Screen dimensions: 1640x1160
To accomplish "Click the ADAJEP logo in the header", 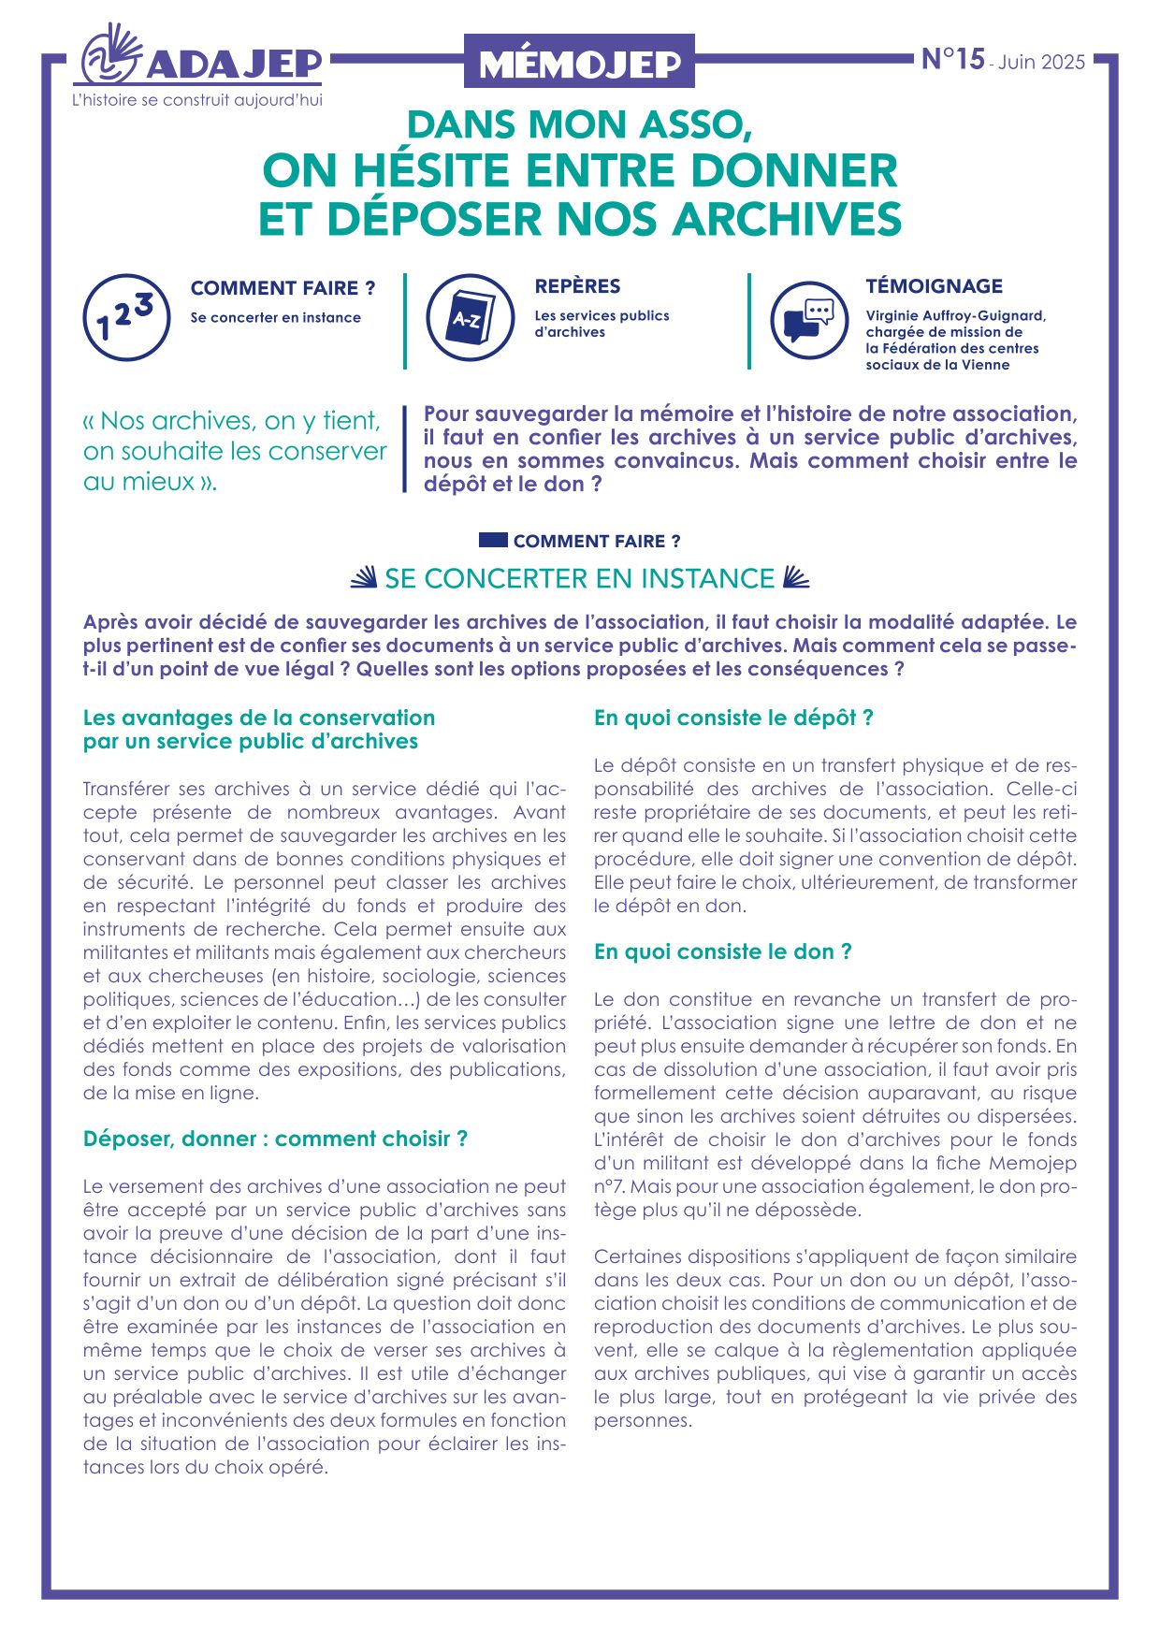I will point(201,58).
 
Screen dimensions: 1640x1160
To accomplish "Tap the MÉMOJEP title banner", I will point(579,62).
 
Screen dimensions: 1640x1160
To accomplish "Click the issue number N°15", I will point(952,59).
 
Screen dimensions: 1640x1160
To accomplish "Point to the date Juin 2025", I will point(1041,63).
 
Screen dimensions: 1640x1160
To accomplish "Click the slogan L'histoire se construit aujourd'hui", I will point(197,100).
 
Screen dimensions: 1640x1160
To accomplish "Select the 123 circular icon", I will point(125,317).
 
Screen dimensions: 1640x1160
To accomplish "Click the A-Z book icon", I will point(470,318).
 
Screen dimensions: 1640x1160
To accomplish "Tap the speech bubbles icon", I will point(809,319).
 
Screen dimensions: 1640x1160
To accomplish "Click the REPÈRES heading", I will point(577,286).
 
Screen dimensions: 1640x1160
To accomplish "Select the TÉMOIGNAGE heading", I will point(934,286).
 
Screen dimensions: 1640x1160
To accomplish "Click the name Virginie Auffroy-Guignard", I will point(954,316).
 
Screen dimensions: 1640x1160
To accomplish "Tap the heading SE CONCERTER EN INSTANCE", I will point(579,579).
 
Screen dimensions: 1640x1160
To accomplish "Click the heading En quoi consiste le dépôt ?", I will point(733,718).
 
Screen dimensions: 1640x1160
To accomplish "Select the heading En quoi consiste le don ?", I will point(722,951).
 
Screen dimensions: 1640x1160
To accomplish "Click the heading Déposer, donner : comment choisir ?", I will point(275,1139).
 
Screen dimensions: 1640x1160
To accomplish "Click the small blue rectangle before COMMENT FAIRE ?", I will point(493,540).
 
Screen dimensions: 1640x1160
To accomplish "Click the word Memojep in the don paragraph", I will point(1033,1163).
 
